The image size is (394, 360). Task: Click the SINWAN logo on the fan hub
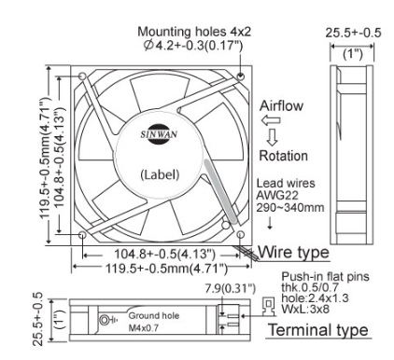pyautogui.click(x=159, y=134)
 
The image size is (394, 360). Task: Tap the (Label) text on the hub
pyautogui.click(x=160, y=174)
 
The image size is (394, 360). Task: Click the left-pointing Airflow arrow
pyautogui.click(x=271, y=120)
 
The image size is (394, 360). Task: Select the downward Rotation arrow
pyautogui.click(x=273, y=137)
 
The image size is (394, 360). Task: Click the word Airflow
pyautogui.click(x=281, y=105)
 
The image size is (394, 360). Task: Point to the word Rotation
pyautogui.click(x=284, y=156)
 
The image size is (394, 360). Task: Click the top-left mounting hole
pyautogui.click(x=83, y=76)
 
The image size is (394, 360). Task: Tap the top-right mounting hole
pyautogui.click(x=241, y=76)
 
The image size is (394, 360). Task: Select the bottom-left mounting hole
pyautogui.click(x=82, y=235)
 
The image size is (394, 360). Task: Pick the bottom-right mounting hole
pyautogui.click(x=241, y=234)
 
